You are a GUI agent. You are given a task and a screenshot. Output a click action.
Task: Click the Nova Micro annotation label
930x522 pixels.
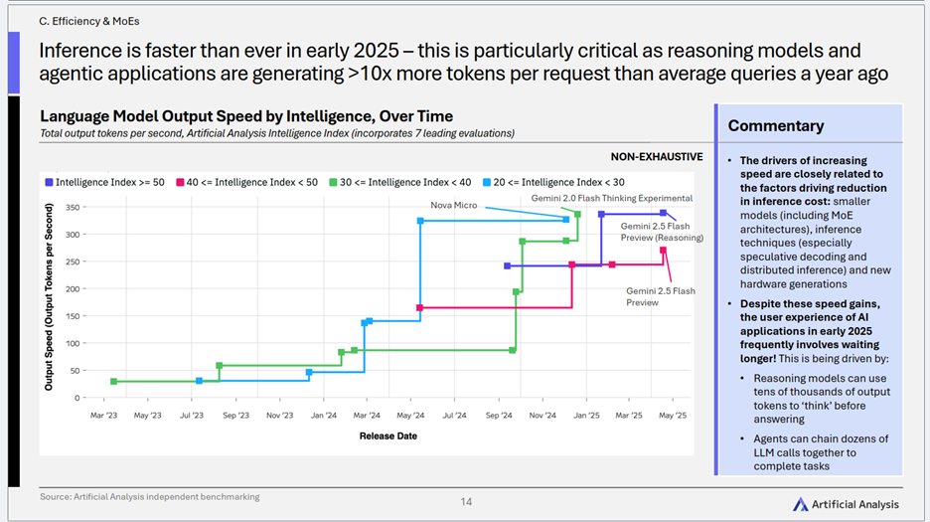[454, 206]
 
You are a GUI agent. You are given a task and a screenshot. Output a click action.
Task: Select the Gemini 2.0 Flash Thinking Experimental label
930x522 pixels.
[611, 198]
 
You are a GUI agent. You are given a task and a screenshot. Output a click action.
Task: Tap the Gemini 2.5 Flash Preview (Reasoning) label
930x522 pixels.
[662, 232]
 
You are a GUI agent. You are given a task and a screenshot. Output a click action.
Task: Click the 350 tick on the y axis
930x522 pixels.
[73, 208]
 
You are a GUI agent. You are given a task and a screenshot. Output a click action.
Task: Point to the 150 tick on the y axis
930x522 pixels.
[73, 316]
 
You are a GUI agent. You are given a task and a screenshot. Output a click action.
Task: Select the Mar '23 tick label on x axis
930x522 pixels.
[103, 416]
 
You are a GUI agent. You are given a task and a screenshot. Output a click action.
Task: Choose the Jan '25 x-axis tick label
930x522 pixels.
[586, 416]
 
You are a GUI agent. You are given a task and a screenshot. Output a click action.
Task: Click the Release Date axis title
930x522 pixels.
[387, 435]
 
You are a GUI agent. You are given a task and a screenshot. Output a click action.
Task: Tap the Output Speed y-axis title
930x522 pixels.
[49, 297]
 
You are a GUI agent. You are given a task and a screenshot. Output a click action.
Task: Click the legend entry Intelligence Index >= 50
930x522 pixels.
[105, 182]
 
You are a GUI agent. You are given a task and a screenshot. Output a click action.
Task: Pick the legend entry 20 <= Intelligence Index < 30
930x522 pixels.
[553, 182]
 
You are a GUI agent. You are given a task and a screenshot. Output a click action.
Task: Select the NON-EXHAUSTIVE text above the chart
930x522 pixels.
[657, 157]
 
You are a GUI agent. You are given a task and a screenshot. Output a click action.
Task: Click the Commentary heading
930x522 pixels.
[776, 126]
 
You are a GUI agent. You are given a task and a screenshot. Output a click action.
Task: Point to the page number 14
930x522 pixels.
[466, 502]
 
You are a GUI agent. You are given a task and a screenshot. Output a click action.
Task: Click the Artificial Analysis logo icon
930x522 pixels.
[800, 504]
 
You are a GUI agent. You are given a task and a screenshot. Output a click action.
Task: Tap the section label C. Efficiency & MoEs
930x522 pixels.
[89, 22]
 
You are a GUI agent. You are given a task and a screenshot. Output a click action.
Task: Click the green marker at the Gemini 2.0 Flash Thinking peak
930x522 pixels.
[577, 215]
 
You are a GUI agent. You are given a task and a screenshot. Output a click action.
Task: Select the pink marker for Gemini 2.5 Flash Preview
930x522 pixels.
[663, 251]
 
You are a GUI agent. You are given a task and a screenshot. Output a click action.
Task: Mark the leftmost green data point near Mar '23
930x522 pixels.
[114, 381]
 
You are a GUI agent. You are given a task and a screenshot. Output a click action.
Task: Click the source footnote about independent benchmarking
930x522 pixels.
[149, 497]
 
